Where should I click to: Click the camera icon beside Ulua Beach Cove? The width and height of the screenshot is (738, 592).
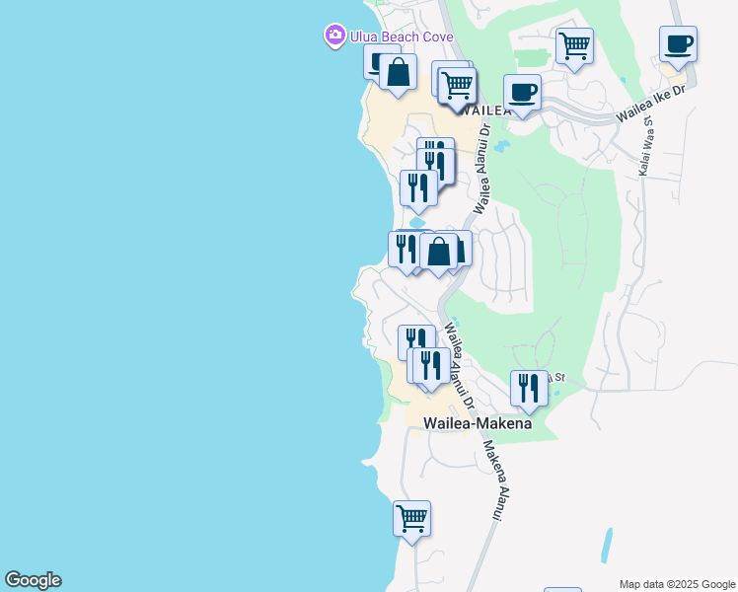pos(335,37)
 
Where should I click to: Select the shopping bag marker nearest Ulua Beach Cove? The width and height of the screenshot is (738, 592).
pos(398,73)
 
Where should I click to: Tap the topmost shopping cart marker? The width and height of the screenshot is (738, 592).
pos(574,45)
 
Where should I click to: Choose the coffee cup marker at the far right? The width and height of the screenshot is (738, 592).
pos(678,44)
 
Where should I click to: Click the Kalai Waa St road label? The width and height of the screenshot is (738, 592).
pos(647,149)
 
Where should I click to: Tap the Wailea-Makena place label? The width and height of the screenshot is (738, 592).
pos(478,423)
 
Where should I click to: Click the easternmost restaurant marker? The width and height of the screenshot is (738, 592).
pos(529,389)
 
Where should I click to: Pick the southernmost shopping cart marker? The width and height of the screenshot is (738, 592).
pos(411,519)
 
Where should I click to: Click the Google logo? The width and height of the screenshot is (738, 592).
pos(33,580)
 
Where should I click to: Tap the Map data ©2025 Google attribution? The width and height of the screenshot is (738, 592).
pos(676,584)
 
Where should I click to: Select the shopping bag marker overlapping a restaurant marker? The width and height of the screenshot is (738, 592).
pos(439,253)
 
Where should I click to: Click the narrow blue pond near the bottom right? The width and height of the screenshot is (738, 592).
pos(606,545)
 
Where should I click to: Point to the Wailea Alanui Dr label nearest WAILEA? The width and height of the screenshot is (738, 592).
pos(481,168)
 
